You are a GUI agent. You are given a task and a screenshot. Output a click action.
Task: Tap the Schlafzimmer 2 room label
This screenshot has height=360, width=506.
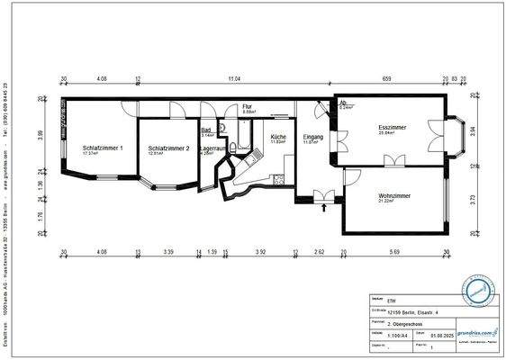tap(168, 148)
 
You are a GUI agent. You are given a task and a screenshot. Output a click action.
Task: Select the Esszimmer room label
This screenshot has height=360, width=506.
tap(392, 128)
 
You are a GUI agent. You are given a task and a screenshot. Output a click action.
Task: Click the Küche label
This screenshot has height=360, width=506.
tap(278, 136)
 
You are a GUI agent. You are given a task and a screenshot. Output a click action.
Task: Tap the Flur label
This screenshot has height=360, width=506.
tap(247, 106)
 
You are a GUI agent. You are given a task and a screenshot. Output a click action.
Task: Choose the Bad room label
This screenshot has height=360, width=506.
tap(206, 129)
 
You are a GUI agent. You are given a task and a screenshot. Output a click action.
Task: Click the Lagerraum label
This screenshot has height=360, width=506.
tap(212, 148)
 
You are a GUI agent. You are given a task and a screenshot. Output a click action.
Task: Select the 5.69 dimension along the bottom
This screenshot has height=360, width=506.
tap(395, 252)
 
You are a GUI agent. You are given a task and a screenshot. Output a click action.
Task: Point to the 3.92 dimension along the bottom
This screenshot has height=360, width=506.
tap(260, 252)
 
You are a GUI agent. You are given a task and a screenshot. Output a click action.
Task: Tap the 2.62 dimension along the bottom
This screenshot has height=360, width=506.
tap(319, 252)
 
